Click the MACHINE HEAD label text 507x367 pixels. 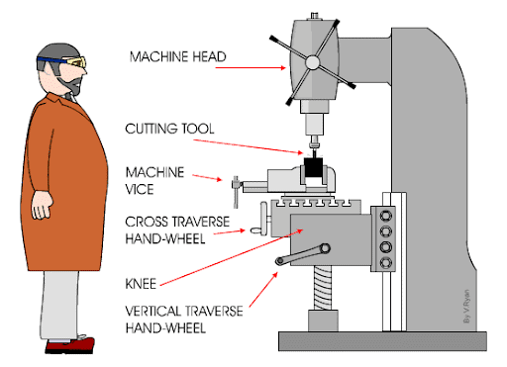[x=177, y=56]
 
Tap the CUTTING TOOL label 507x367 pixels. [x=169, y=129]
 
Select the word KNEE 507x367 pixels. [x=141, y=284]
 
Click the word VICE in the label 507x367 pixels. [x=140, y=189]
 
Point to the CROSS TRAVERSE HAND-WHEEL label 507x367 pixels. [x=177, y=230]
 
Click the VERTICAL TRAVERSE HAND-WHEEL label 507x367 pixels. [x=184, y=320]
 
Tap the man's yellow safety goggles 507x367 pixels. [x=75, y=61]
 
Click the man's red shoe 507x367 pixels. [x=70, y=345]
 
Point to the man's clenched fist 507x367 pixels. [x=42, y=205]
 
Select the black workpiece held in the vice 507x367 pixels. [x=313, y=168]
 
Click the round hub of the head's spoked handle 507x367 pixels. [x=312, y=62]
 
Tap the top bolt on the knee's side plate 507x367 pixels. [x=385, y=216]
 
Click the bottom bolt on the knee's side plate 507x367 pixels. [x=385, y=263]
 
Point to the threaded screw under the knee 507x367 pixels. [x=323, y=288]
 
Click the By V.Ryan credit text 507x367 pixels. [x=466, y=307]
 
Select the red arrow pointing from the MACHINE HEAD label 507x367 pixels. [x=251, y=68]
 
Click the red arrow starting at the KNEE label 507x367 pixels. [x=232, y=257]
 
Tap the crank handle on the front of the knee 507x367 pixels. [x=303, y=254]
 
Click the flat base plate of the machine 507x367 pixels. [x=382, y=341]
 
